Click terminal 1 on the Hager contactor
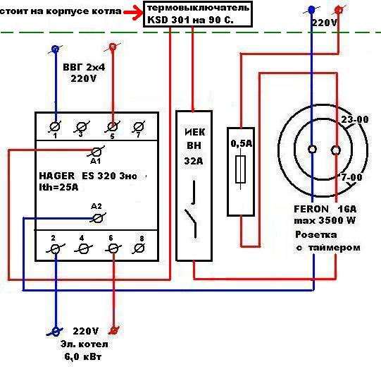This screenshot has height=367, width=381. tap(55, 126)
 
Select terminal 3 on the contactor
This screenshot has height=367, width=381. tap(82, 126)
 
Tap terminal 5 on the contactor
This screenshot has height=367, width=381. tap(112, 126)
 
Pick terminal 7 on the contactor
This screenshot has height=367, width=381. tap(139, 126)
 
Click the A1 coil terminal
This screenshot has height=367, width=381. tap(96, 152)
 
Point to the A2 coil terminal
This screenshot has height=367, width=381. tap(98, 218)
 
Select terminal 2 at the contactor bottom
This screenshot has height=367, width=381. tap(56, 249)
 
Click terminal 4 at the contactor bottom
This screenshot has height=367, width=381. tap(83, 249)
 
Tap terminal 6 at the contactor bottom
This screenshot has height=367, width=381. tap(113, 249)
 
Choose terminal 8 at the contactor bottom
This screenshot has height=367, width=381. tap(139, 248)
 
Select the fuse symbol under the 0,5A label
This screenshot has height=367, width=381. tap(241, 169)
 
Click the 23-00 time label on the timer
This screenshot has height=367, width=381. tap(355, 119)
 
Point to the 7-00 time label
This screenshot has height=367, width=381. tap(351, 177)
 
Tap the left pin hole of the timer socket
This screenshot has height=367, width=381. tap(312, 149)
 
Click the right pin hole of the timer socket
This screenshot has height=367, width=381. tap(335, 150)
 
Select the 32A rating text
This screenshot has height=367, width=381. tap(194, 161)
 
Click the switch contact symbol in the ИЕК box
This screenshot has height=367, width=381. tap(192, 209)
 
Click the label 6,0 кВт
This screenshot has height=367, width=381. tap(83, 356)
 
